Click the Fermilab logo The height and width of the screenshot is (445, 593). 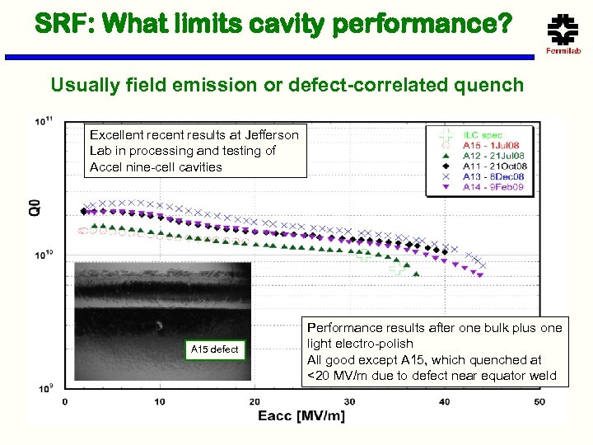pos(563,33)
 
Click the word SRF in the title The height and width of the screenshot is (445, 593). pos(42,23)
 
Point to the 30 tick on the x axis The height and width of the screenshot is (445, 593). pos(349,401)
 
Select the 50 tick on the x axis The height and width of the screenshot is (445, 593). pos(539,401)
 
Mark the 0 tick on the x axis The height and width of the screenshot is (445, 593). pos(64,401)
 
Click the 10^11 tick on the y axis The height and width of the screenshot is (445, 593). pos(44,121)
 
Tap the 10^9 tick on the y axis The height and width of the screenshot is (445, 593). pos(44,386)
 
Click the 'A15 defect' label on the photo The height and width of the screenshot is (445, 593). pos(214,349)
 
